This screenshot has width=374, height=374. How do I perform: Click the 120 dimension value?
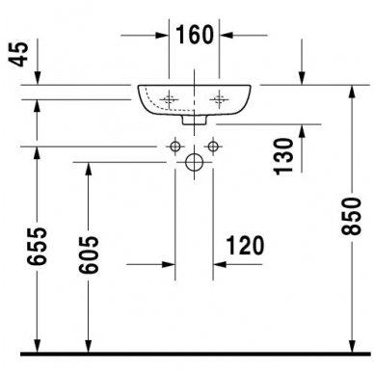(247, 247)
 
